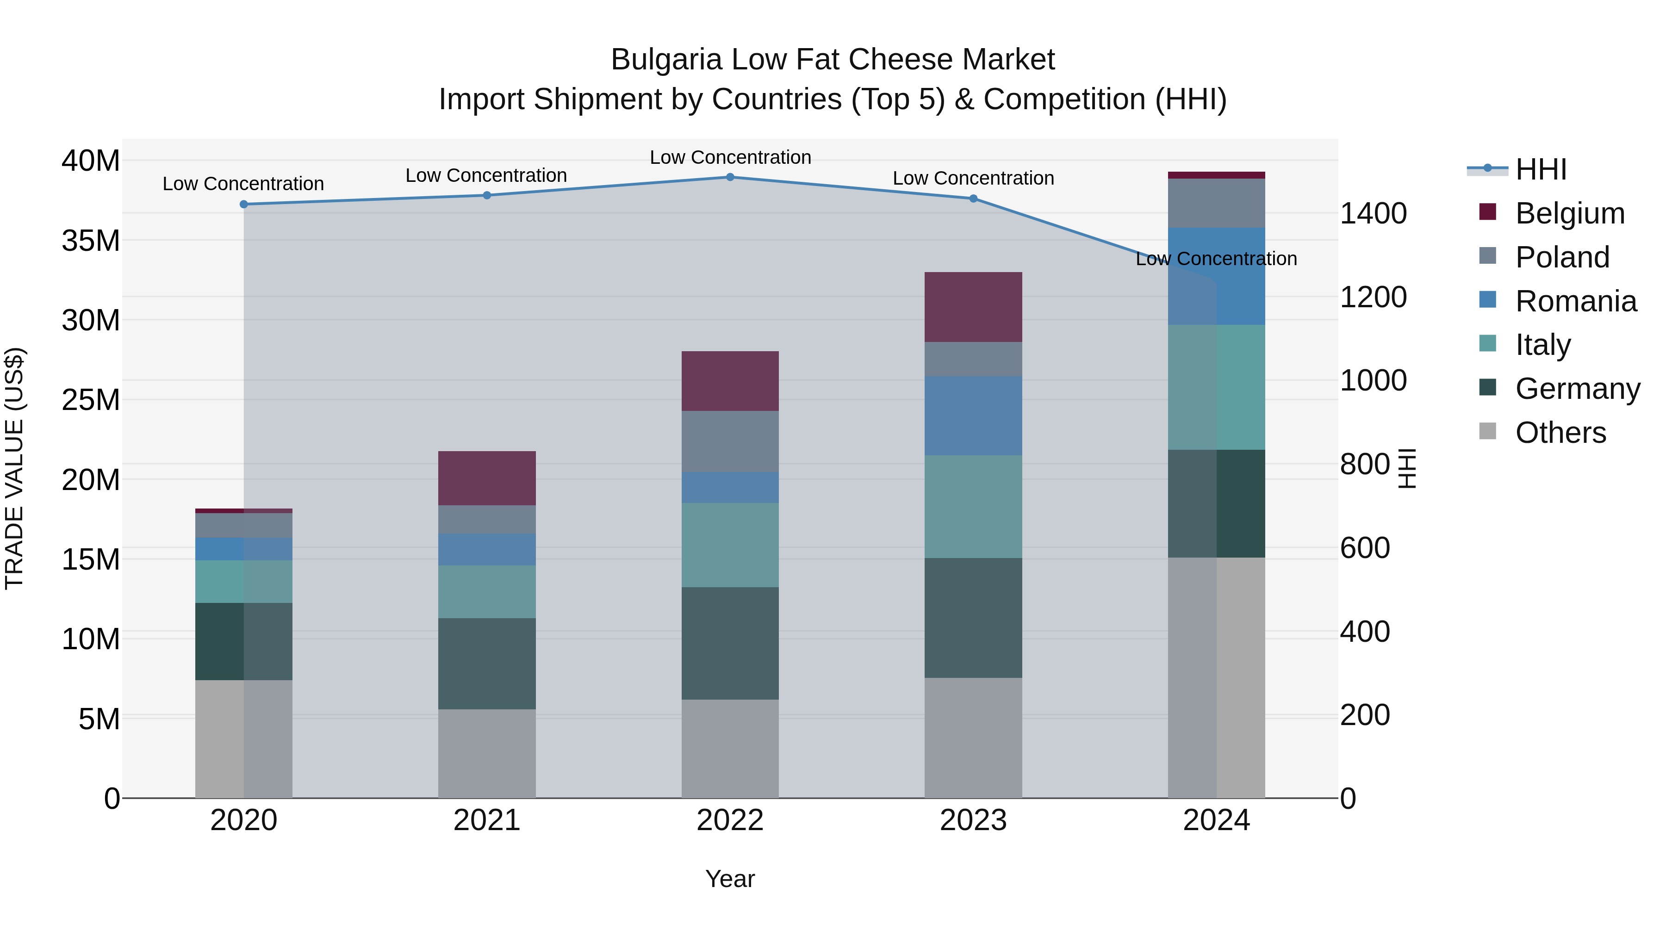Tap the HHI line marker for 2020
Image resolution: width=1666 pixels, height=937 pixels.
tap(244, 205)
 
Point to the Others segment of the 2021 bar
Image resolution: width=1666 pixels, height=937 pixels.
tap(486, 753)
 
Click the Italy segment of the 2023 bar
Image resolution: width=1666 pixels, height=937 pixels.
tap(973, 506)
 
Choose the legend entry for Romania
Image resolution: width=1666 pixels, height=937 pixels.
tap(1575, 301)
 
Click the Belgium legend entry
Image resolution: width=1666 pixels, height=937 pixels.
tap(1570, 213)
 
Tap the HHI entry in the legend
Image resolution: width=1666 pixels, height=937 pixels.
tap(1541, 169)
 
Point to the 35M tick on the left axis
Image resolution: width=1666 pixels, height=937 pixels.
tap(91, 241)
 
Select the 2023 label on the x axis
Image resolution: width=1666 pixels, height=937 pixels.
tap(973, 820)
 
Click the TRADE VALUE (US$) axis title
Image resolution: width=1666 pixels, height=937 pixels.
tap(14, 468)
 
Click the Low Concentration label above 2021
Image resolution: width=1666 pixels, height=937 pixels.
tap(486, 175)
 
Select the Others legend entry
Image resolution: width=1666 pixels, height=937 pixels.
tap(1560, 433)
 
